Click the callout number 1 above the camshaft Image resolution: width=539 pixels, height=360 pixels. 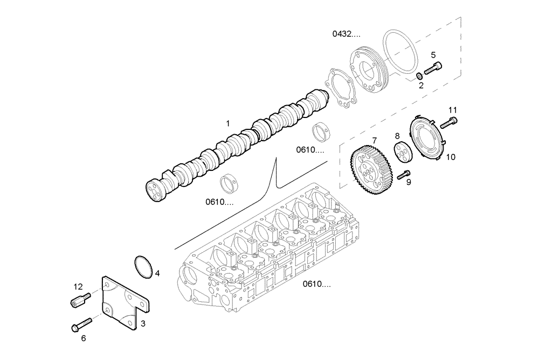pos(228,123)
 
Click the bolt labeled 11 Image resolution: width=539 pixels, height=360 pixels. pos(448,122)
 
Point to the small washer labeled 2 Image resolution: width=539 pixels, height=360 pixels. pos(419,75)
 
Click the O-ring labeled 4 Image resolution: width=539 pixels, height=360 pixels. pos(143,268)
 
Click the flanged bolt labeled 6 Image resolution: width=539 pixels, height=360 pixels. pos(80,325)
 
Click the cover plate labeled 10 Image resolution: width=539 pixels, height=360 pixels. pos(428,137)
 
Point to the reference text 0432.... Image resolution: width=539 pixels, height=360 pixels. pos(345,34)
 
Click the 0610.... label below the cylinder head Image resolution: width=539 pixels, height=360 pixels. pos(316,284)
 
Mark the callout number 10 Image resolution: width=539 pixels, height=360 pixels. pos(451,157)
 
